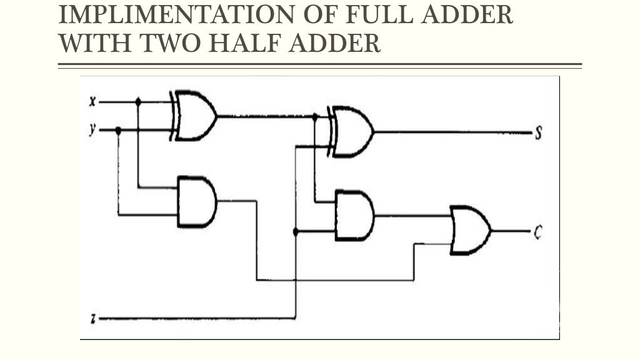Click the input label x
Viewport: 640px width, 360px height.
pyautogui.click(x=92, y=101)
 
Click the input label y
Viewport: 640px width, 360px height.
pyautogui.click(x=92, y=130)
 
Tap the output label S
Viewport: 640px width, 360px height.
pyautogui.click(x=537, y=133)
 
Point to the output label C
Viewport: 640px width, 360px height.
pyautogui.click(x=537, y=231)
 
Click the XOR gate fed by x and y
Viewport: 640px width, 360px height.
pyautogui.click(x=195, y=116)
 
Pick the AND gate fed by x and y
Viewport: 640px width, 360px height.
pyautogui.click(x=196, y=201)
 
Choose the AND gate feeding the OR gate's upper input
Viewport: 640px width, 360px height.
pyautogui.click(x=354, y=216)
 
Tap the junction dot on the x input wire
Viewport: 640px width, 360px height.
pyautogui.click(x=138, y=101)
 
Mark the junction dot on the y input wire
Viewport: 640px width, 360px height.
pyautogui.click(x=118, y=130)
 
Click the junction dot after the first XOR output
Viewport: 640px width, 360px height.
pyautogui.click(x=314, y=116)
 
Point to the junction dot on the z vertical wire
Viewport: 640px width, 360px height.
pyautogui.click(x=296, y=231)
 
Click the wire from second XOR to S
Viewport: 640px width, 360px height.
pyautogui.click(x=450, y=132)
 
